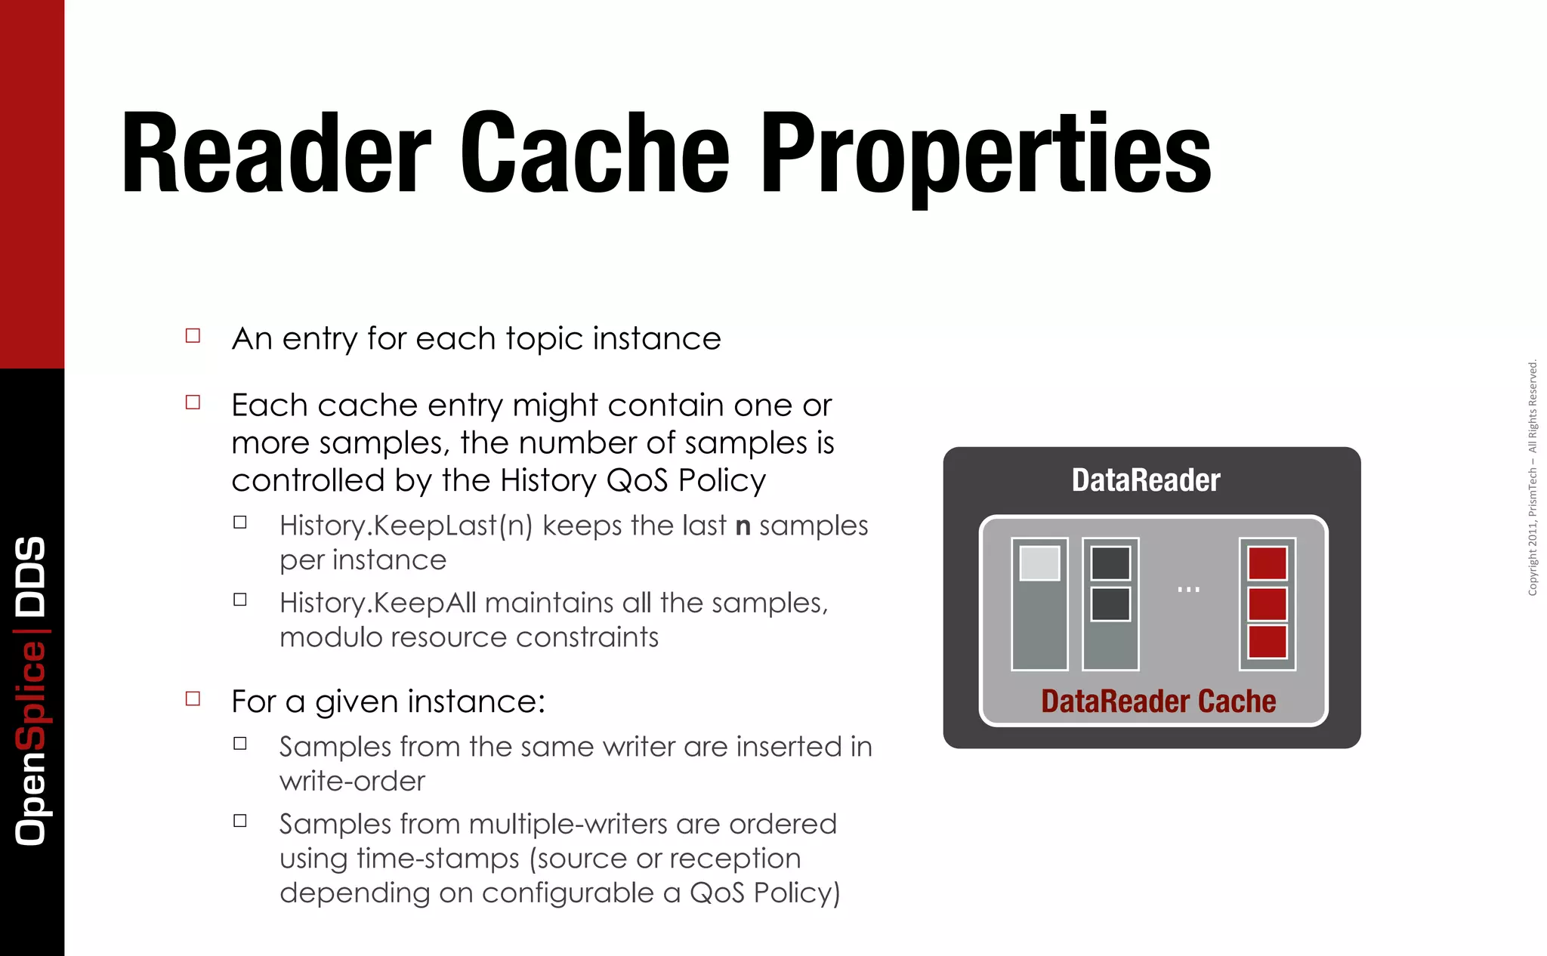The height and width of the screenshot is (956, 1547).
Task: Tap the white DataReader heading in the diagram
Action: (1145, 480)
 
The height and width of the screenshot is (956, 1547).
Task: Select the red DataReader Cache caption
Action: (1158, 702)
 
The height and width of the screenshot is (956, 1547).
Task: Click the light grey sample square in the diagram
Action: (1039, 563)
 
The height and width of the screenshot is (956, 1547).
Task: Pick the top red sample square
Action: (1268, 563)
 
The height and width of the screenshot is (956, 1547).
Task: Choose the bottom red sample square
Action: (1268, 642)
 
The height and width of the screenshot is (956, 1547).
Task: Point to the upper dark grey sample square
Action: (1110, 563)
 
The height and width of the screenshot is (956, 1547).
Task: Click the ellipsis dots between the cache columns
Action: (1188, 589)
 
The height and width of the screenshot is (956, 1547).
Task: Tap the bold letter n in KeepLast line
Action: (743, 526)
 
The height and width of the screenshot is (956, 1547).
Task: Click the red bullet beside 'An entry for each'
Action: (193, 336)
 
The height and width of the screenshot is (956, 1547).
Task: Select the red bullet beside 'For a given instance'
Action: (193, 698)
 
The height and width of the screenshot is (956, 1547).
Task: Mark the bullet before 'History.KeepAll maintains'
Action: (240, 600)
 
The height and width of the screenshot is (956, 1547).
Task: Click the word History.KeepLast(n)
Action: (406, 526)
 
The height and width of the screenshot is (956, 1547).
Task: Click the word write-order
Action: (352, 782)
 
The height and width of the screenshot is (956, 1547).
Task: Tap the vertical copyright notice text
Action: (1533, 477)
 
